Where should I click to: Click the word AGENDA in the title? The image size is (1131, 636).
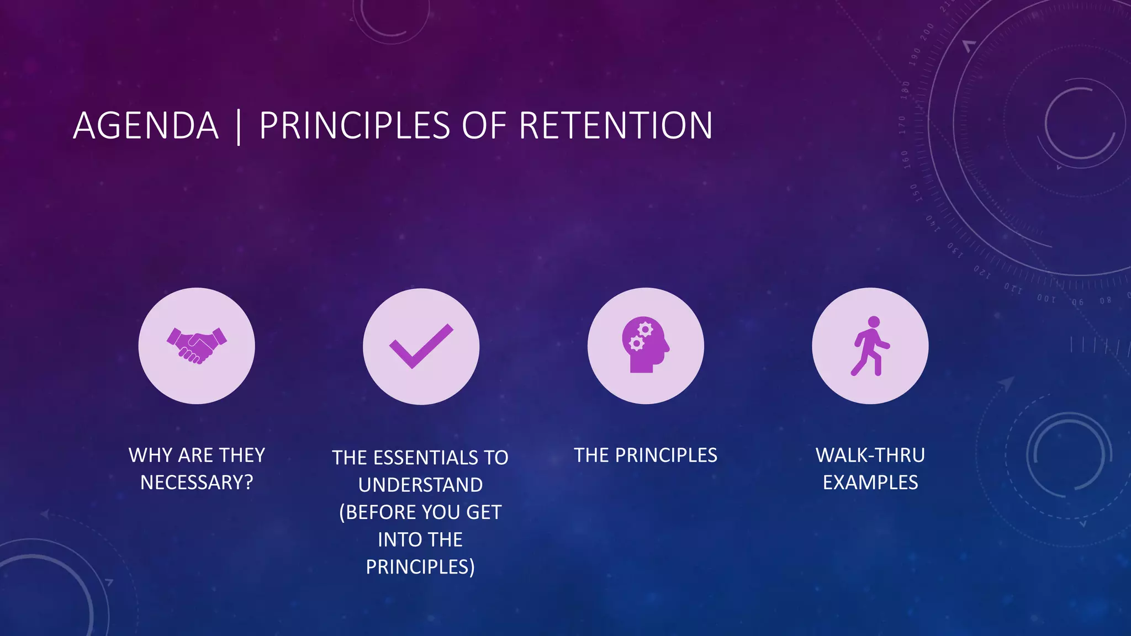point(146,126)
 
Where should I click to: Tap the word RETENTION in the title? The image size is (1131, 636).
point(616,126)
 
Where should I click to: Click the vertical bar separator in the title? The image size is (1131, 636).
point(239,127)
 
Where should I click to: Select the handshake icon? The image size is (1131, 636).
point(197,346)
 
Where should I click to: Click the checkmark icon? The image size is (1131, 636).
point(421,346)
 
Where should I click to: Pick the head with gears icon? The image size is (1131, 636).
point(645,346)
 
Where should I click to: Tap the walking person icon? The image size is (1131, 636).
point(870,346)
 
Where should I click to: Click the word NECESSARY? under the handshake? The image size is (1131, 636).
point(197,483)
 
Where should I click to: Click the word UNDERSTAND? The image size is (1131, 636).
point(420,485)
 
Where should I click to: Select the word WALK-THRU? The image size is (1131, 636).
point(870,455)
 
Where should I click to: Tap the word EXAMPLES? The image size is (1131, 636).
point(870,483)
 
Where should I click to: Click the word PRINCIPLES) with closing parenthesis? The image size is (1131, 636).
point(420,567)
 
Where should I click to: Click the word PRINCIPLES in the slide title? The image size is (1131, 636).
point(355,126)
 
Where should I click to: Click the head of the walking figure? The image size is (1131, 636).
point(874,322)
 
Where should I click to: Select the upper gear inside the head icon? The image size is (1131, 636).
point(644,330)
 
